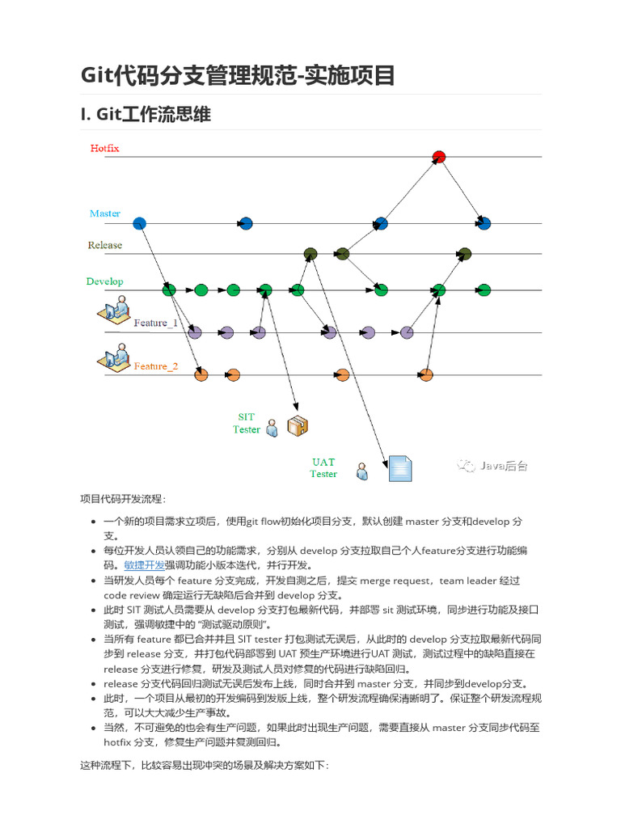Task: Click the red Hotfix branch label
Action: pos(105,149)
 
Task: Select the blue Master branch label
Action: pos(105,213)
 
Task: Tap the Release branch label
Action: pos(105,245)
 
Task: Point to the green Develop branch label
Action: pos(105,281)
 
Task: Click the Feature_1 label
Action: pos(156,323)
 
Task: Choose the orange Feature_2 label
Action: pos(156,366)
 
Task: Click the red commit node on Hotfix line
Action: pos(439,157)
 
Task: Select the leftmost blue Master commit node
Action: pos(139,223)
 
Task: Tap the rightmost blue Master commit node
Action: pos(484,223)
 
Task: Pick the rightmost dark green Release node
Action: pos(464,254)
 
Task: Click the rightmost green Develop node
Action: pos(484,289)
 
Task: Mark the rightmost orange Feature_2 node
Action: pos(426,374)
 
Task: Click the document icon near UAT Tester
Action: pos(400,468)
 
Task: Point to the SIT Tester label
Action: pos(247,424)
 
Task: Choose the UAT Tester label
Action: pos(323,468)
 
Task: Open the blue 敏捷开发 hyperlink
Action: pos(145,565)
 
